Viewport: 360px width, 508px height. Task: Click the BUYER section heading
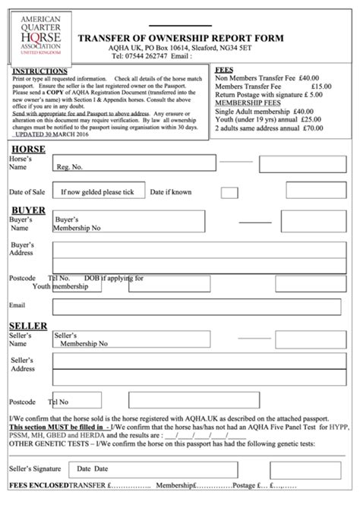[27, 210]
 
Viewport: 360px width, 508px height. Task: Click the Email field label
[17, 305]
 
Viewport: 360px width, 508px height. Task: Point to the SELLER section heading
[30, 325]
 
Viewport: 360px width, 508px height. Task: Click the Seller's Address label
[22, 364]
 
